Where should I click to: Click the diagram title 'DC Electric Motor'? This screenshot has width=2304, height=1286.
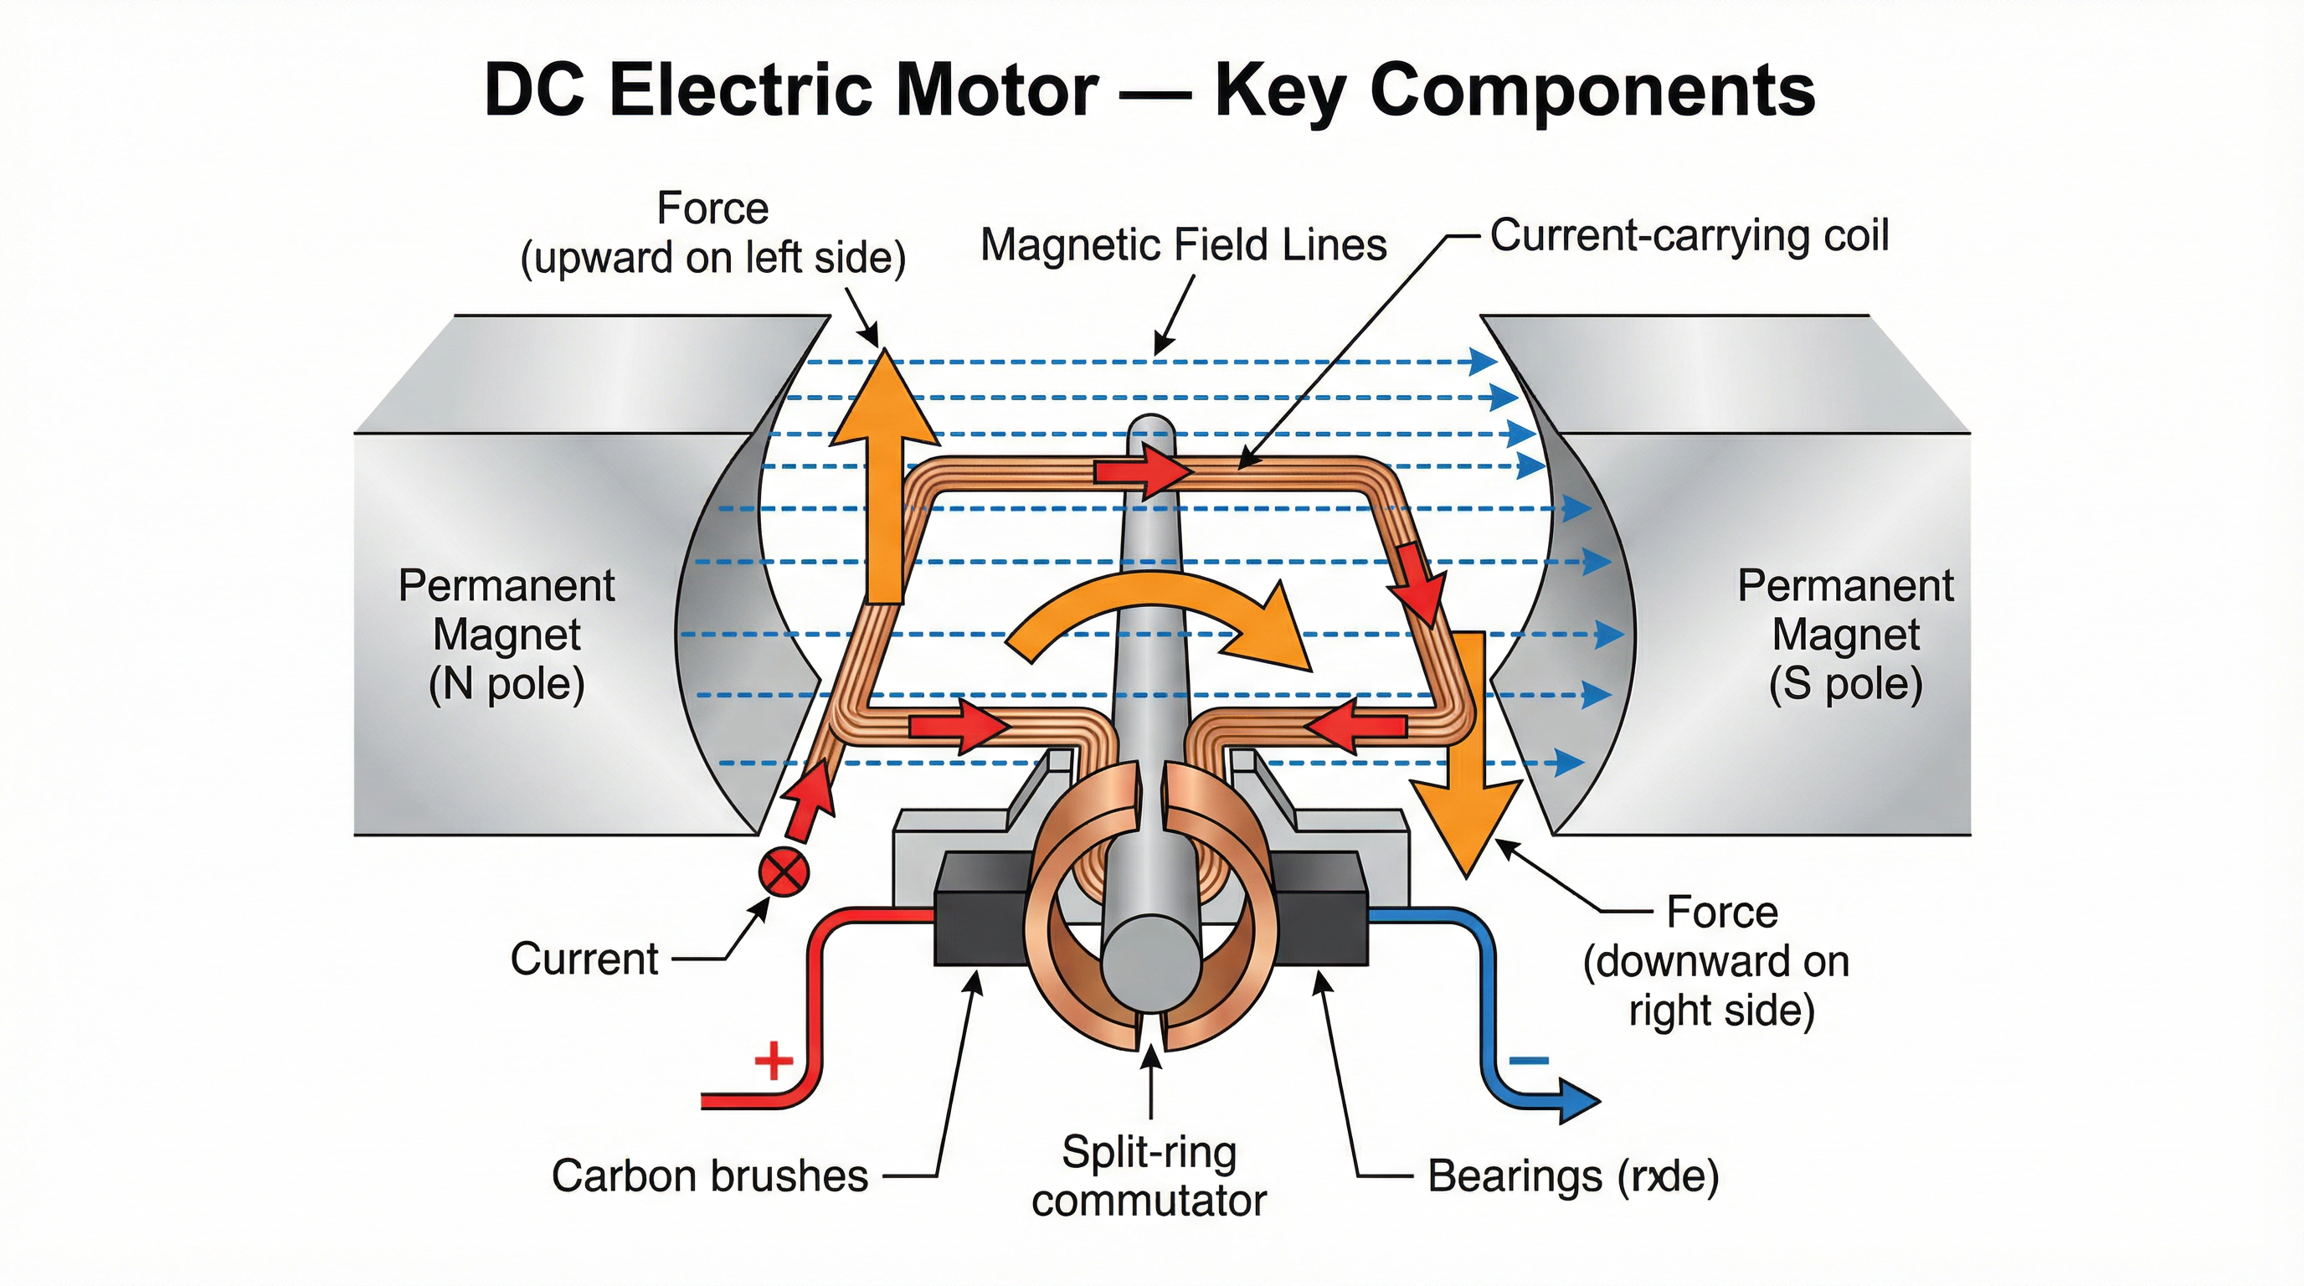tap(790, 91)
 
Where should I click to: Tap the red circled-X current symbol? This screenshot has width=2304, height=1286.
tap(784, 872)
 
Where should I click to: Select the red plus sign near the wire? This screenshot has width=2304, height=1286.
tap(774, 1062)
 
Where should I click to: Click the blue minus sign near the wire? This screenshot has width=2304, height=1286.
tap(1529, 1062)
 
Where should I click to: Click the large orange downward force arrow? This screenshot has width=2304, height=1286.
tap(1467, 751)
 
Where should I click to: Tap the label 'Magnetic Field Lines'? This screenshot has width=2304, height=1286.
tap(1182, 245)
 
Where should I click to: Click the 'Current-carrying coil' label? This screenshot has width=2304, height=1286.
tap(1689, 236)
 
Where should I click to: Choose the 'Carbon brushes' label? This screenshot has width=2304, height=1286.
tap(709, 1175)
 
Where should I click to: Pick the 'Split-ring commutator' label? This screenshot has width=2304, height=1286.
tap(1149, 1176)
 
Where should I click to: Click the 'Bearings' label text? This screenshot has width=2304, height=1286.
tap(1572, 1175)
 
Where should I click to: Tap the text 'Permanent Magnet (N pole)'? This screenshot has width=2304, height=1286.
tap(507, 635)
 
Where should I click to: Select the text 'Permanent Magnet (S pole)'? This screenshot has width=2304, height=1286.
tap(1845, 635)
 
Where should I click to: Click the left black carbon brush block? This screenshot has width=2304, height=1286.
tap(980, 907)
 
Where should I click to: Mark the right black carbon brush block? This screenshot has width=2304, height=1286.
tap(1322, 907)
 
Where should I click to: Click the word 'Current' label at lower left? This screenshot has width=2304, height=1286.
tap(584, 959)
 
